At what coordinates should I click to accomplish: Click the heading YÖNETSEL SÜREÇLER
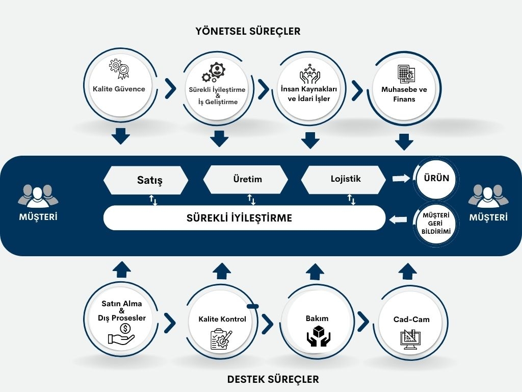(248, 31)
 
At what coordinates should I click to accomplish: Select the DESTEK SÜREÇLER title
(273, 379)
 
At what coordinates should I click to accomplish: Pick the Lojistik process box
(344, 179)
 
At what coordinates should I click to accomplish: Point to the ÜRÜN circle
(436, 179)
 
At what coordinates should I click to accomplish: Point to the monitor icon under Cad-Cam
(411, 339)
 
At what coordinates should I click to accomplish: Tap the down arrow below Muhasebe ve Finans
(404, 141)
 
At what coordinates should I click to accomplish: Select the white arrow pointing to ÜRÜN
(401, 178)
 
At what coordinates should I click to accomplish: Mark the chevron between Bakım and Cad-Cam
(363, 321)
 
